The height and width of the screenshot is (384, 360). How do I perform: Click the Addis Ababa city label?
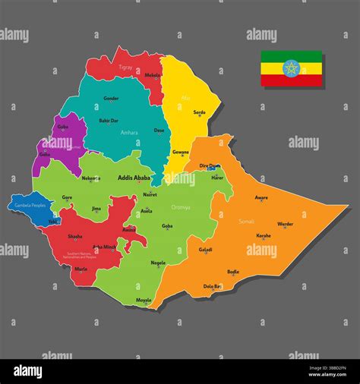tap(134, 178)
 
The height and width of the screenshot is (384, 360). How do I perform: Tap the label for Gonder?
tap(111, 98)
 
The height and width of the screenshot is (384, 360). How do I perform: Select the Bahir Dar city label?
tap(109, 120)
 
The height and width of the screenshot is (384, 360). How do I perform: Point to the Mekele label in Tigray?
tap(153, 75)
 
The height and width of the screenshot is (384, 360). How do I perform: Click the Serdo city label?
tap(199, 112)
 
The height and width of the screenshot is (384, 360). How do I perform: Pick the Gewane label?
tap(181, 152)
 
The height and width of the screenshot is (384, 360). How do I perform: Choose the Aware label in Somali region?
tap(261, 197)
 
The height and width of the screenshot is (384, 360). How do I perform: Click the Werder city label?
tap(285, 224)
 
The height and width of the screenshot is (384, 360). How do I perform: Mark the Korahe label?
tap(263, 235)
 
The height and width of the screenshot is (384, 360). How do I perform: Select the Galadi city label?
tap(205, 249)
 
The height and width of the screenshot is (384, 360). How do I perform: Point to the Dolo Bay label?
tap(213, 285)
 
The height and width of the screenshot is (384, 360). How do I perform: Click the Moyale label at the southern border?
tap(144, 300)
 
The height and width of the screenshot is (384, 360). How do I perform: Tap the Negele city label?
tap(158, 263)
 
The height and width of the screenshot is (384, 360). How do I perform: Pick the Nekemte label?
tap(90, 178)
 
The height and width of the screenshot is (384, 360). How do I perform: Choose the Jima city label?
tap(96, 208)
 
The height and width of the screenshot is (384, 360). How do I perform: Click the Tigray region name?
tap(125, 67)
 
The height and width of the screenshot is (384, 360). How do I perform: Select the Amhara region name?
tap(129, 132)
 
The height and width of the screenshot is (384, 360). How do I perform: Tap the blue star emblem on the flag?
tap(292, 68)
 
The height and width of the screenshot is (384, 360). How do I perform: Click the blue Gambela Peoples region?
tap(29, 205)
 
